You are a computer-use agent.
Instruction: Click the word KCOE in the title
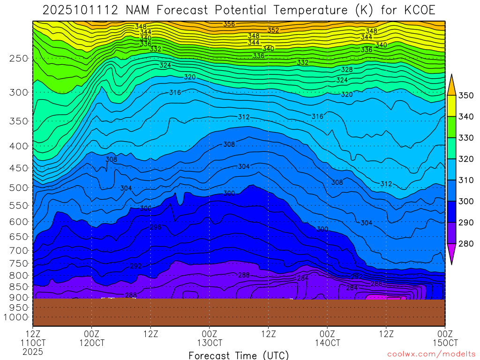(417, 10)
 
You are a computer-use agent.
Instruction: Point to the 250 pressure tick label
(19, 59)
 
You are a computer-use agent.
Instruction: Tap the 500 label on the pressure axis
(19, 188)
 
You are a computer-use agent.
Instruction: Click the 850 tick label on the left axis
(19, 286)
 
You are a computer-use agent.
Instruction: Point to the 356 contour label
(229, 24)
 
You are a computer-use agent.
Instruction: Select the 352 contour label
(273, 30)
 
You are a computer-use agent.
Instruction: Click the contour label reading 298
(155, 227)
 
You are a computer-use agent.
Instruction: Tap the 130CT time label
(209, 343)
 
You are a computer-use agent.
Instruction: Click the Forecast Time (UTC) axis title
(239, 355)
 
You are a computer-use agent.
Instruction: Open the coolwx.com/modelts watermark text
(431, 354)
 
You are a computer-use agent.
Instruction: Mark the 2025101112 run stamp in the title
(76, 10)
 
